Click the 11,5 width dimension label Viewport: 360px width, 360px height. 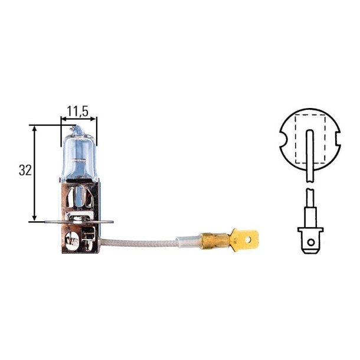tap(77, 110)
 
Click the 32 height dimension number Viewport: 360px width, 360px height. tap(24, 171)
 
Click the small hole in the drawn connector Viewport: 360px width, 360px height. tap(310, 241)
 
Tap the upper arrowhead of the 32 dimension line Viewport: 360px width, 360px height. tap(35, 127)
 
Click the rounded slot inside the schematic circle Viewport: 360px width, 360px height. tap(310, 150)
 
